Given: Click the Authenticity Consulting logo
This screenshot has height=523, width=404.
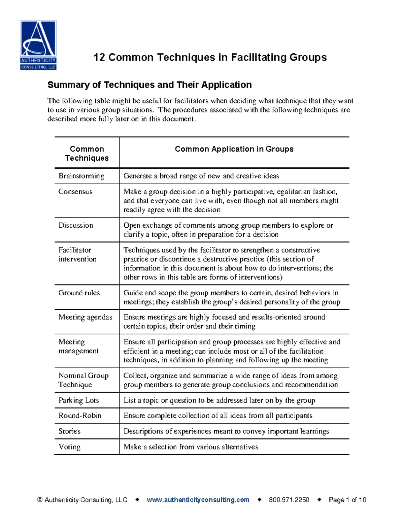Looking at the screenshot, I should tap(38, 45).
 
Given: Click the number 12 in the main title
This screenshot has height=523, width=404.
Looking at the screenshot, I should tap(99, 57).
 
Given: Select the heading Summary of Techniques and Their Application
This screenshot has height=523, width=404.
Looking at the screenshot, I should tap(149, 85).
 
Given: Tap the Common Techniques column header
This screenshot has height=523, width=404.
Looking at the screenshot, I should tap(87, 154).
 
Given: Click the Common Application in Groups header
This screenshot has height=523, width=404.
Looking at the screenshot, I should tap(234, 149).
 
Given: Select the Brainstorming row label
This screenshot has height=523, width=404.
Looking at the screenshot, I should tap(81, 176).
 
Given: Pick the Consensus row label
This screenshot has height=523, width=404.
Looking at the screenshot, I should tap(75, 192).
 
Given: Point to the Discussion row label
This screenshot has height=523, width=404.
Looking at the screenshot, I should tap(76, 225).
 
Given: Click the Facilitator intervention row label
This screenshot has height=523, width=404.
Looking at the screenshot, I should tap(77, 255).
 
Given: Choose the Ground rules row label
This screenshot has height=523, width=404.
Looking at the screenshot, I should tap(79, 293).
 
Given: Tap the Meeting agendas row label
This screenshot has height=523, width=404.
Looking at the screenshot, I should tap(85, 317).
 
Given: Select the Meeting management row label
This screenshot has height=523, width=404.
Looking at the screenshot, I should tap(78, 346).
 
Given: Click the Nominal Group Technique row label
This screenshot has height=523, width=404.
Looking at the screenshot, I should tap(83, 380).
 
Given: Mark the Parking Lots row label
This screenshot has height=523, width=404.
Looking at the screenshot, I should tap(79, 400).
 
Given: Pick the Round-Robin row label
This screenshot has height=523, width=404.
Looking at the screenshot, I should tap(80, 416).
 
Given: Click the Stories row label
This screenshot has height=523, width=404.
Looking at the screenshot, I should tap(69, 431).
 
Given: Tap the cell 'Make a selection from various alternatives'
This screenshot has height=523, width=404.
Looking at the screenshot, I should tap(191, 447).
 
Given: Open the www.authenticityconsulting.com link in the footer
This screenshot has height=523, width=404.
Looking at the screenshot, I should tap(198, 500).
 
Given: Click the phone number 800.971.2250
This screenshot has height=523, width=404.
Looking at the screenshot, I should tap(289, 500).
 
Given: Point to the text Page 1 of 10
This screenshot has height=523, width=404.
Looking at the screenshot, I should tap(347, 500).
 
